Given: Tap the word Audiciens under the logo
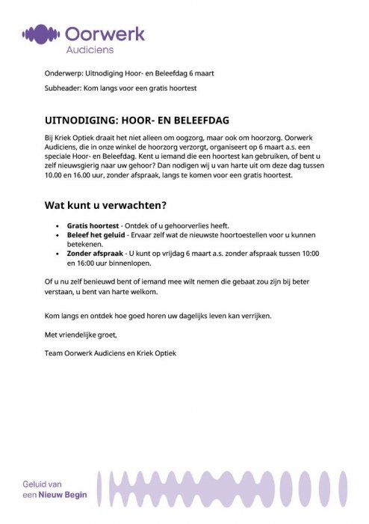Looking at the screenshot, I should tap(87, 49).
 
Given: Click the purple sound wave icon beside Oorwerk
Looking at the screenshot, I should tap(41, 34).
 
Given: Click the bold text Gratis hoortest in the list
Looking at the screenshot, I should tap(93, 225).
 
